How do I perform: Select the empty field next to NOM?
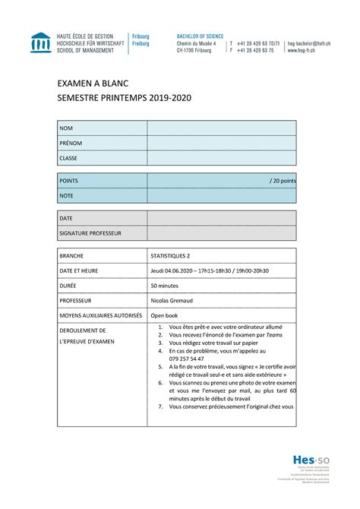[x=221, y=128]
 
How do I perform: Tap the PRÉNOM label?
[x=71, y=143]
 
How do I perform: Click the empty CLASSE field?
[x=221, y=158]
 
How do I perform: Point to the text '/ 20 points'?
[x=282, y=181]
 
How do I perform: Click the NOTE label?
[x=68, y=196]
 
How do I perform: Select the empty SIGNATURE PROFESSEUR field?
[x=221, y=232]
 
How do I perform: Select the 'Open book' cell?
[x=163, y=315]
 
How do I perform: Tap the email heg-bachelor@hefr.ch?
[x=313, y=43]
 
